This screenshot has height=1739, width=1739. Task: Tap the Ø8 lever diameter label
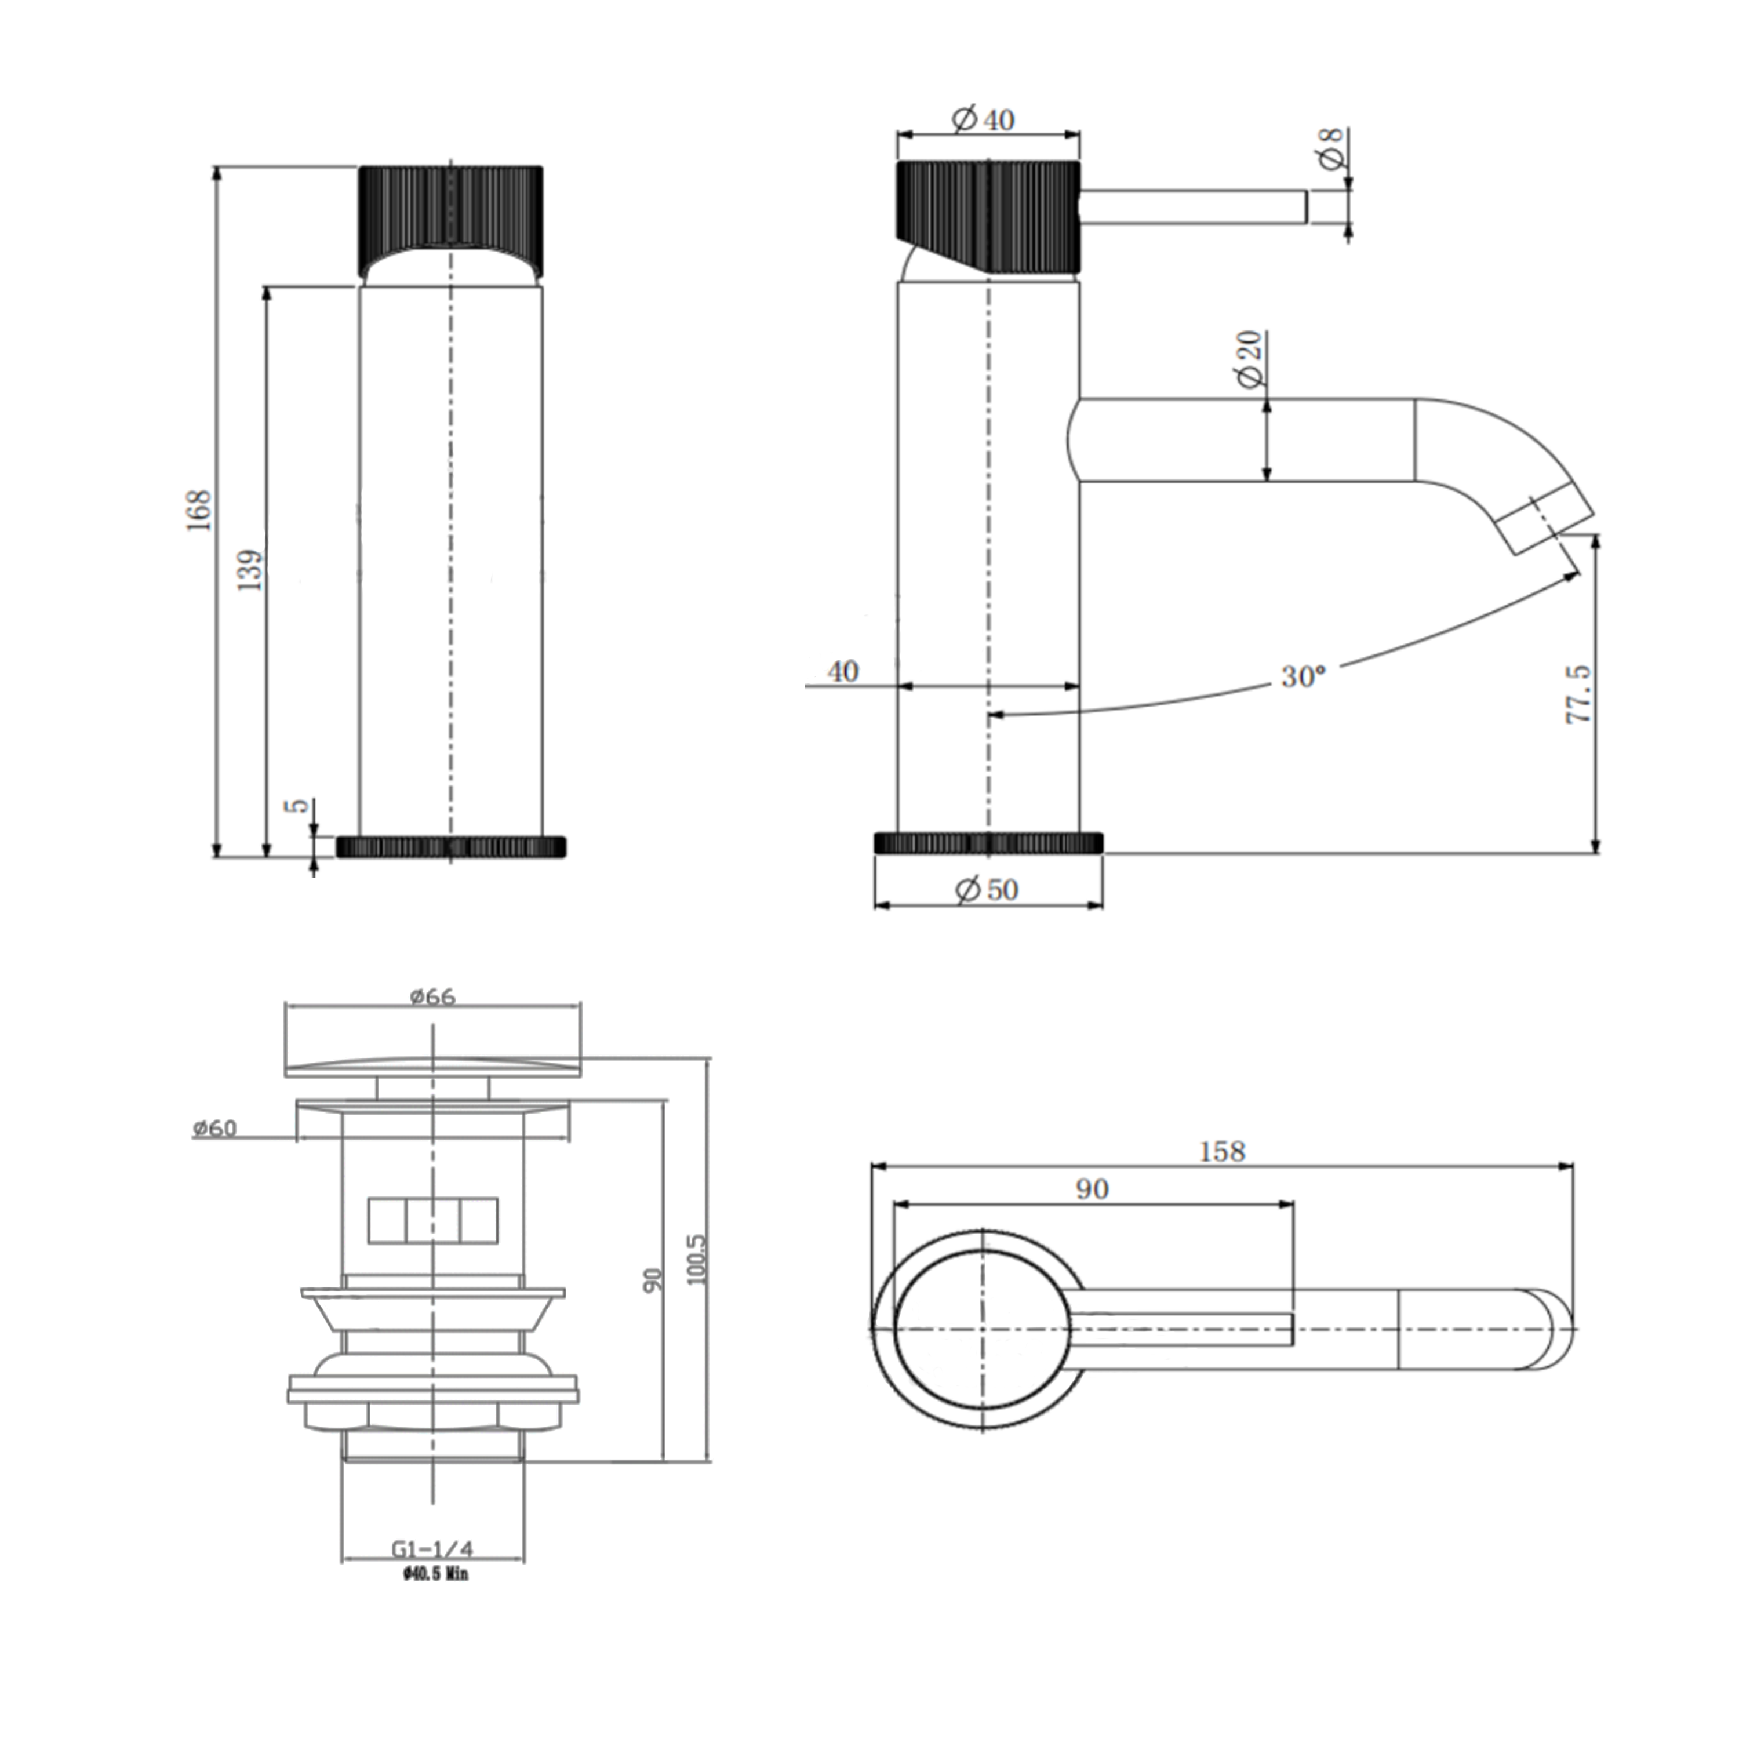(1331, 148)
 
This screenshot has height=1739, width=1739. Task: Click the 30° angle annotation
(1303, 676)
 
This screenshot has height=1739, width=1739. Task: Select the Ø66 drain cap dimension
(433, 997)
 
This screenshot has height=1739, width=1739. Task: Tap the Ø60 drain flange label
(214, 1128)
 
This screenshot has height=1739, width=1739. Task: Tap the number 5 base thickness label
(301, 805)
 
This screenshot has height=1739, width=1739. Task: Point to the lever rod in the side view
(1192, 206)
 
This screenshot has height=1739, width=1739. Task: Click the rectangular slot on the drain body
(433, 1221)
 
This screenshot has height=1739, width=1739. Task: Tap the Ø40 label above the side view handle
(985, 120)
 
